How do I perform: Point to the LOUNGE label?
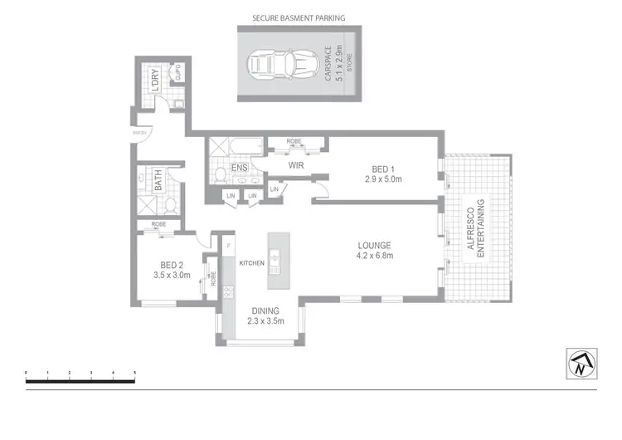point(374,245)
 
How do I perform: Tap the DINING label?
point(263,311)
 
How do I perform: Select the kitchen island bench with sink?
point(276,259)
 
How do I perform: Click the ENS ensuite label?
point(239,169)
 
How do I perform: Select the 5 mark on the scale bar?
point(134,373)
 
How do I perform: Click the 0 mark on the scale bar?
point(27,373)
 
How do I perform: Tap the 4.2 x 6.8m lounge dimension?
point(374,256)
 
